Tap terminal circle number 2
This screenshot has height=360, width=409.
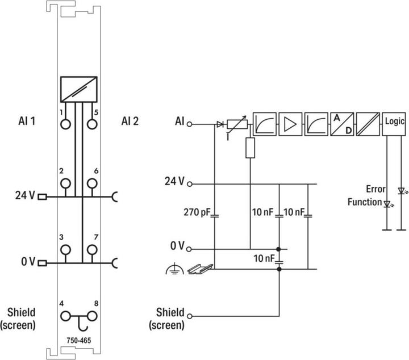(66, 183)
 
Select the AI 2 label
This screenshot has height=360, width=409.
(130, 121)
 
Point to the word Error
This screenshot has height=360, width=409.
(375, 190)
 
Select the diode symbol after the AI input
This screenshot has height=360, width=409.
(219, 123)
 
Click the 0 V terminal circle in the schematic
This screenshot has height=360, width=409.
(190, 249)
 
